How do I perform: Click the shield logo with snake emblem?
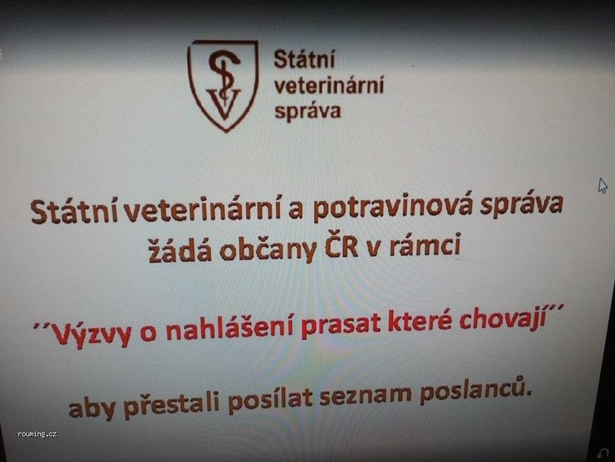pyautogui.click(x=223, y=85)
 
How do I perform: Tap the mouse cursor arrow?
pyautogui.click(x=602, y=185)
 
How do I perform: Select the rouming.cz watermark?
pyautogui.click(x=37, y=434)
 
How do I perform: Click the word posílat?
pyautogui.click(x=270, y=399)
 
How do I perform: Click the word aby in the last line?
pyautogui.click(x=92, y=408)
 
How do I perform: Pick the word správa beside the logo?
pyautogui.click(x=307, y=111)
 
